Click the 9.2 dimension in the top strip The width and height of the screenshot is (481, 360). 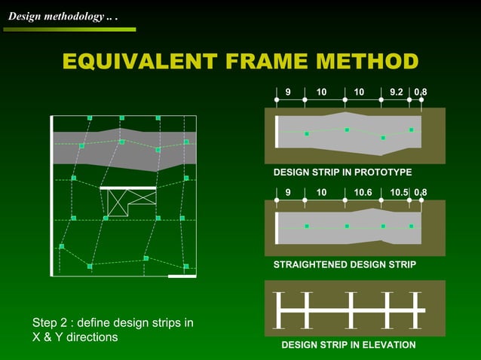[x=397, y=93]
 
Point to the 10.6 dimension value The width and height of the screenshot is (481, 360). [x=363, y=193]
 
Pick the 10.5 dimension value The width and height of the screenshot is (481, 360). [x=399, y=193]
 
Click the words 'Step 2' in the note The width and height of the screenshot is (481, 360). [x=51, y=323]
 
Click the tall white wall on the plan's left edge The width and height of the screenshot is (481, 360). [x=51, y=197]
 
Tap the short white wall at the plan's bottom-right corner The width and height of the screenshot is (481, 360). [x=182, y=276]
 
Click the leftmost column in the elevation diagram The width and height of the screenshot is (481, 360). [x=279, y=310]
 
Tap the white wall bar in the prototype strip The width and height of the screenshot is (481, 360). [x=277, y=132]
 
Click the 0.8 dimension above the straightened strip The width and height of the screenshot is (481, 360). [x=421, y=193]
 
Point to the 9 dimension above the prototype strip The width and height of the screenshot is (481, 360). [x=288, y=93]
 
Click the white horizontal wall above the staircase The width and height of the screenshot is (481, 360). [x=128, y=188]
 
